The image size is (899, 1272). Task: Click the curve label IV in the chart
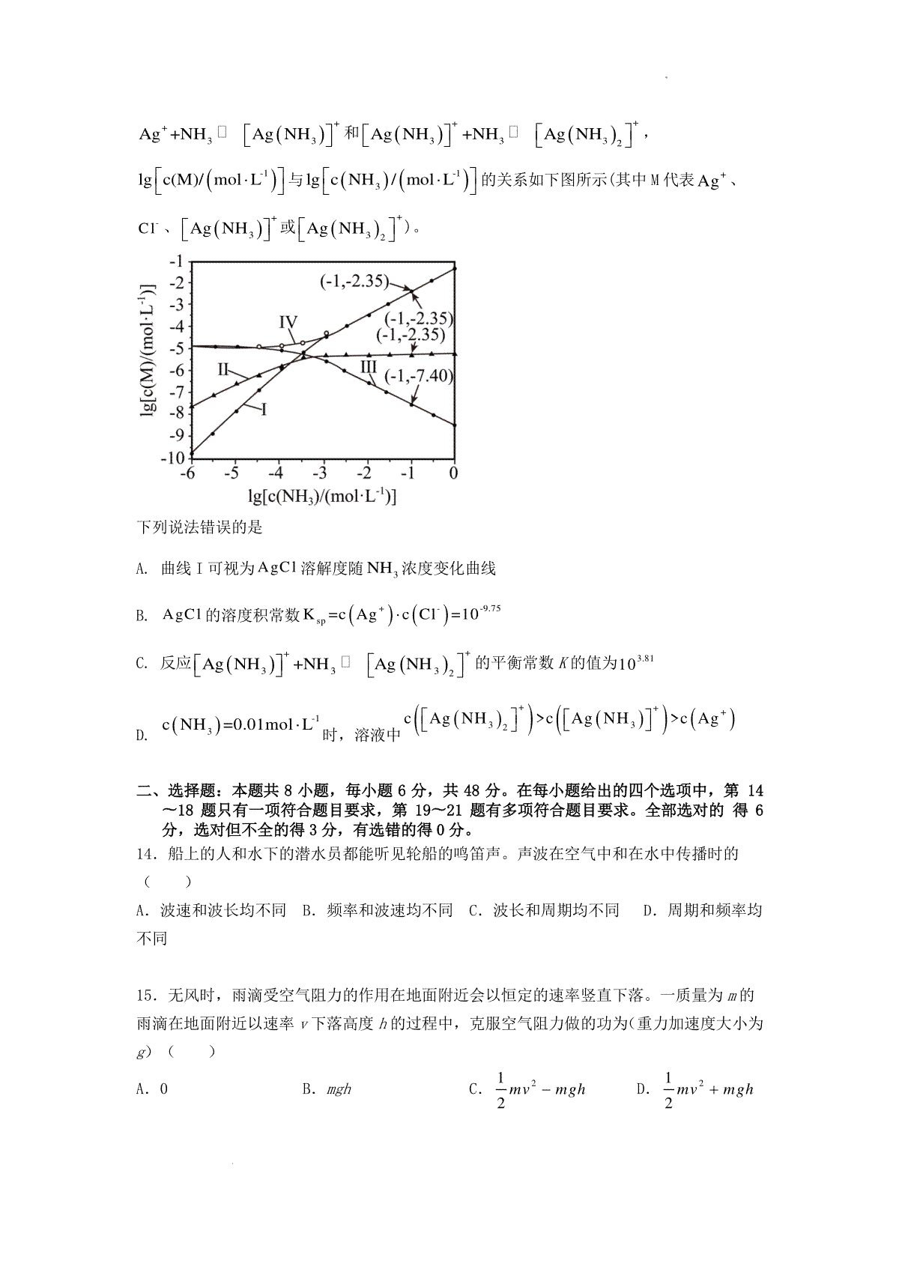click(288, 322)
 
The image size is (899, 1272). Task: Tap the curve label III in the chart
click(368, 366)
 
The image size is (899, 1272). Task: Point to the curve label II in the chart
click(223, 369)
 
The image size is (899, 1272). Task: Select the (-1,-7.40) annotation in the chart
click(419, 376)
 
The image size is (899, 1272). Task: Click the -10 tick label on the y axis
click(172, 458)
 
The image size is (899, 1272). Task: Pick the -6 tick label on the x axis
click(187, 474)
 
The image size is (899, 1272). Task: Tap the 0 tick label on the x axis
click(453, 474)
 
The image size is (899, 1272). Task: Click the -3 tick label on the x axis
click(320, 474)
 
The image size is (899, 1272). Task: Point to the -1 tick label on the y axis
click(177, 261)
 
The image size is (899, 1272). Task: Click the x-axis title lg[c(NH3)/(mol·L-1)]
click(321, 496)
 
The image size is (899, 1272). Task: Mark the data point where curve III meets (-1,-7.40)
click(411, 405)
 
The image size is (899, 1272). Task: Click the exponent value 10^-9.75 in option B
click(481, 614)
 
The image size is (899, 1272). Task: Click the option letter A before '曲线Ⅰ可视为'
click(141, 569)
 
